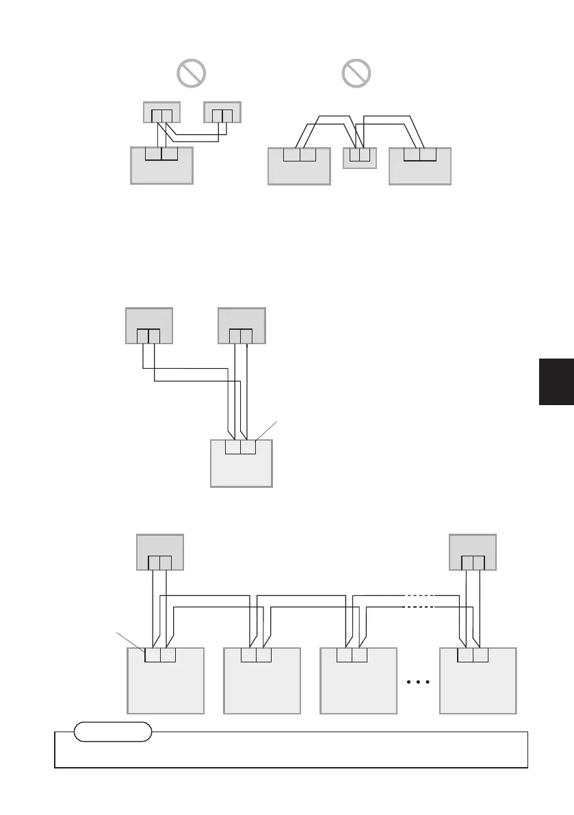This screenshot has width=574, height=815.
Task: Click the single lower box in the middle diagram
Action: [x=241, y=469]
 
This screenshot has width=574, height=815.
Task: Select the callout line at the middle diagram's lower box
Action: [x=268, y=431]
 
